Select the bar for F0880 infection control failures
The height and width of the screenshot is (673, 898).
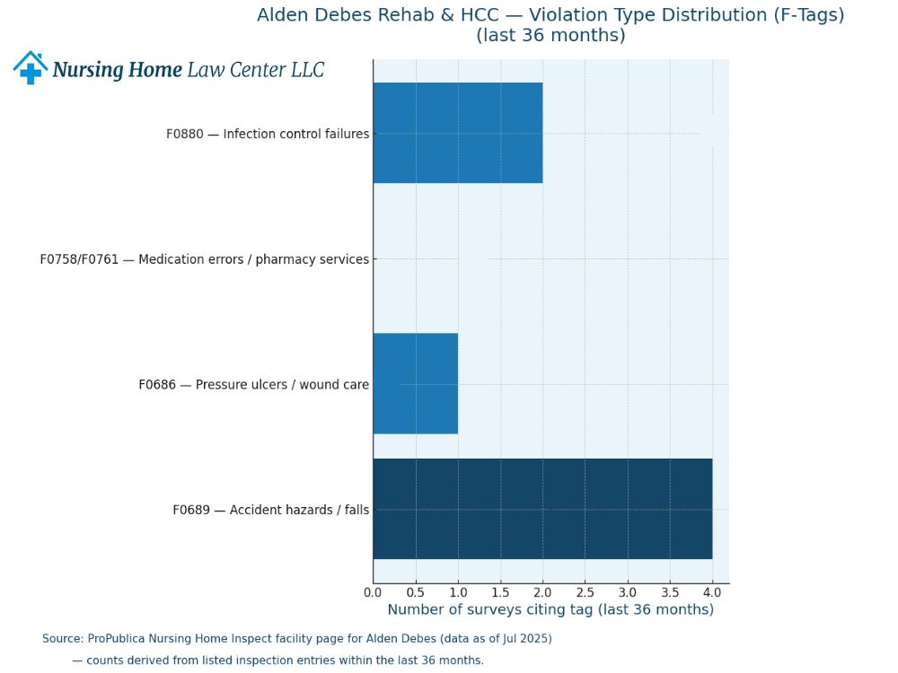point(457,133)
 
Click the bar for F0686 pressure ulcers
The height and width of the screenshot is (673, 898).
point(415,383)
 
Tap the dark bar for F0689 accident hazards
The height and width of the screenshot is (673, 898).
point(542,509)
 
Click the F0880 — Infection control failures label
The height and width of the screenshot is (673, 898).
point(268,134)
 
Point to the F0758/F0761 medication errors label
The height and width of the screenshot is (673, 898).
point(204,259)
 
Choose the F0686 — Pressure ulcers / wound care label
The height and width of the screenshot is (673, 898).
point(253,385)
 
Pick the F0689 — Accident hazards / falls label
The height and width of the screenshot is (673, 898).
point(270,510)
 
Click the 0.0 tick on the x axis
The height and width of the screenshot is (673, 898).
point(374,592)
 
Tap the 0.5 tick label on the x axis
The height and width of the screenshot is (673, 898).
point(416,592)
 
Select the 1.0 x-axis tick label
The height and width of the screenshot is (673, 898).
point(458,592)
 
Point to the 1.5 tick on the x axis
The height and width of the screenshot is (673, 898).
point(500,592)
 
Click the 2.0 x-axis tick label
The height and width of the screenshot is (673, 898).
point(542,592)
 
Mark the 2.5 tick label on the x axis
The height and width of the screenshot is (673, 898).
point(585,592)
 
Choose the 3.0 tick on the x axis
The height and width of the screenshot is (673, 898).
point(628,592)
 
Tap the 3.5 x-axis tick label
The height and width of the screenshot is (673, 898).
point(670,592)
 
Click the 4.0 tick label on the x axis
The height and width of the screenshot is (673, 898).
point(712,592)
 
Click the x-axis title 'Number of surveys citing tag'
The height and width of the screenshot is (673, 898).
point(550,610)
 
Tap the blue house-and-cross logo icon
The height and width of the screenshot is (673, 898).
point(30,68)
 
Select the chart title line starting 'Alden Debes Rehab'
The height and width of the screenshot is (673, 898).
point(550,15)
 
